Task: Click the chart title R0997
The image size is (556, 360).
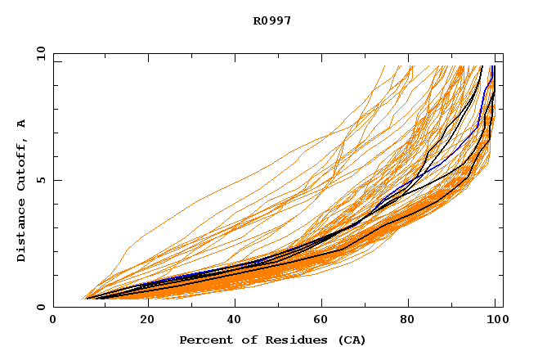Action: (x=273, y=21)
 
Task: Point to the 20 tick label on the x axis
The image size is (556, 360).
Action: (x=142, y=320)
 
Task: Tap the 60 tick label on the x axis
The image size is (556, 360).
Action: (x=320, y=320)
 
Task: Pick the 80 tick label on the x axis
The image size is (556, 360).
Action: (x=409, y=320)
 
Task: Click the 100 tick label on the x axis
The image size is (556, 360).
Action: (x=495, y=320)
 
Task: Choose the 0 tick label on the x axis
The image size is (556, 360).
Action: (x=54, y=320)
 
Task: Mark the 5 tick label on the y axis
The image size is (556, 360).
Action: (x=41, y=180)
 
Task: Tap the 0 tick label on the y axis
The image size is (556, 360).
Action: (x=41, y=308)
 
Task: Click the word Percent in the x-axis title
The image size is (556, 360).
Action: (x=205, y=340)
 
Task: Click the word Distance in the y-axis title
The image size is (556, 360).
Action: (x=22, y=231)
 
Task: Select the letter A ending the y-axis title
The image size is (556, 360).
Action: (x=22, y=124)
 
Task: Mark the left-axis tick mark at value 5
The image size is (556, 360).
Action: (x=56, y=180)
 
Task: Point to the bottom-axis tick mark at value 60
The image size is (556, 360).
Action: (x=320, y=304)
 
